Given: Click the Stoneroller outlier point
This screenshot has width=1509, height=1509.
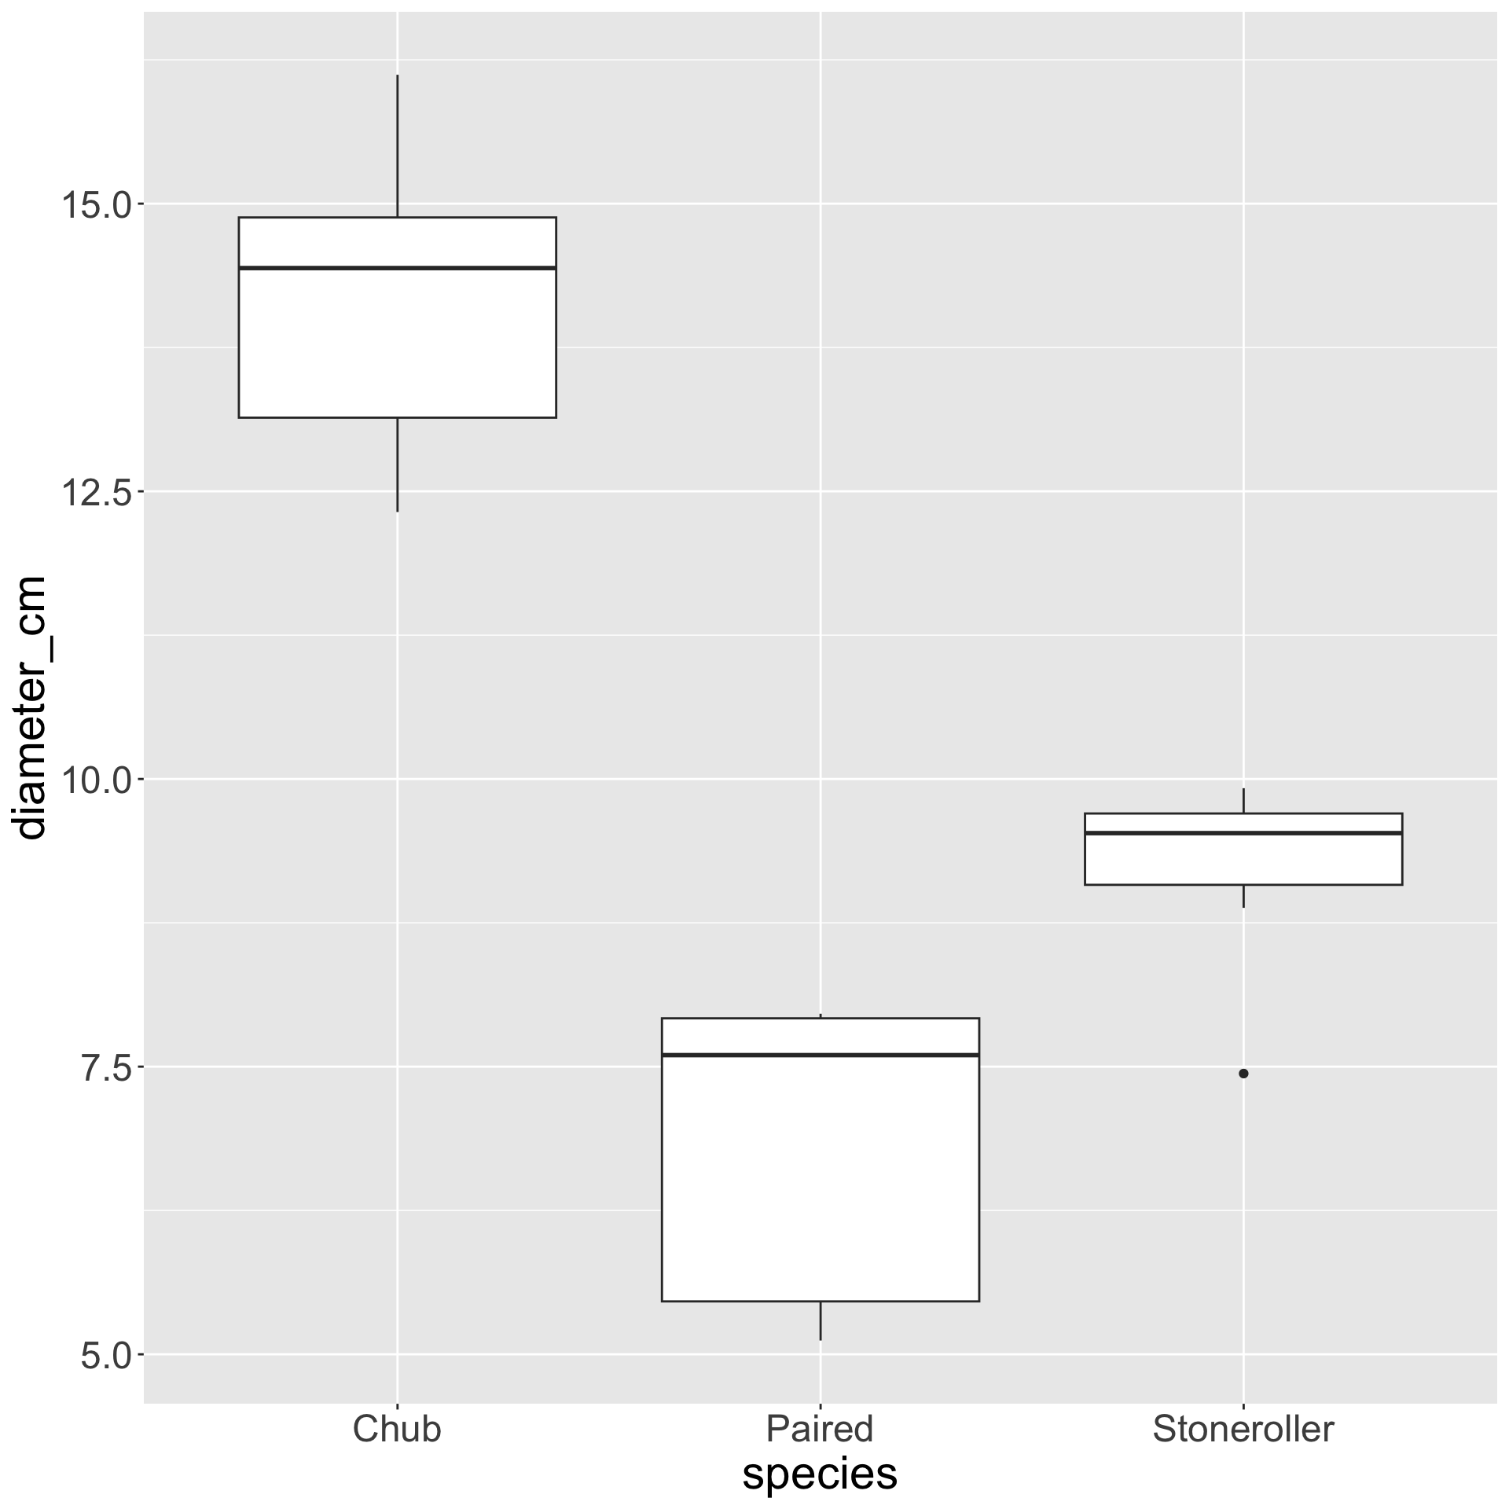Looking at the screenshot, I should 1243,1074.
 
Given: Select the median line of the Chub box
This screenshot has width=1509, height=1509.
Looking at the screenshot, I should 397,268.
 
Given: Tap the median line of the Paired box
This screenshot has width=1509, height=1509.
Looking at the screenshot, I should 820,1055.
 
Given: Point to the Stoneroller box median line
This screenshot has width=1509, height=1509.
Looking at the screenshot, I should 1243,833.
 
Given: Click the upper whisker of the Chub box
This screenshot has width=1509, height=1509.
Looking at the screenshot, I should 397,145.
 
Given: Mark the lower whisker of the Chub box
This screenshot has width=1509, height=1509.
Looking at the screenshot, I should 397,464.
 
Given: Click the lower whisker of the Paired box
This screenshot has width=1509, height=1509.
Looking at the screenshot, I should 820,1320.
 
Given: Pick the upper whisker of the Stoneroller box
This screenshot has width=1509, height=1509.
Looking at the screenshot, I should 1243,801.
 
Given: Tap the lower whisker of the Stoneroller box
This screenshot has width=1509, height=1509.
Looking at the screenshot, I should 1243,896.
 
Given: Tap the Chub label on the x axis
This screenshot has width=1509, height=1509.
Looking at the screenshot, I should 397,1428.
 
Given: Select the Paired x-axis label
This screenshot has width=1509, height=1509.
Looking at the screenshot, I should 820,1428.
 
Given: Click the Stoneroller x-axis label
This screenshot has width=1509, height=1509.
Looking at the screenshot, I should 1243,1428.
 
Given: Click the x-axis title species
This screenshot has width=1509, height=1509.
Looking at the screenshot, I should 820,1474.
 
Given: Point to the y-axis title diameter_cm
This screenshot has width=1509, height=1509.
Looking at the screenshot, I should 31,707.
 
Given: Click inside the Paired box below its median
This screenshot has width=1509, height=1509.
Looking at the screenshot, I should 820,1179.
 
